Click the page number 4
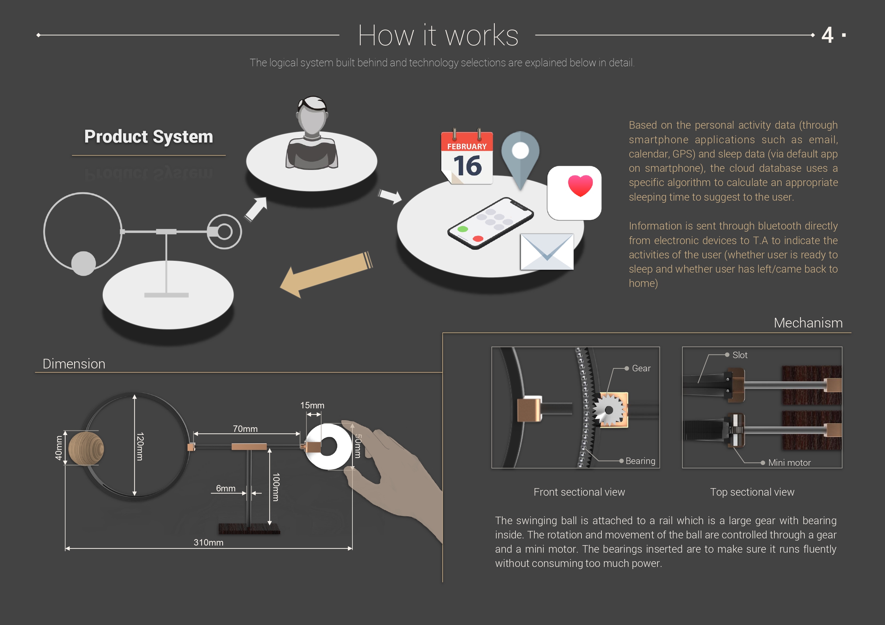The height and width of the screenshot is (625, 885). tap(828, 35)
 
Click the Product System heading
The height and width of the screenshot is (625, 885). tap(148, 137)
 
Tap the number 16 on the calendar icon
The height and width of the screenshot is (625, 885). tap(467, 166)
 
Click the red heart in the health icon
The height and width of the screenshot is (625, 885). tap(580, 185)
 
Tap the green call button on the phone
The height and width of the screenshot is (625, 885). tap(463, 229)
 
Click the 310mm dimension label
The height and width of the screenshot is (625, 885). tap(208, 542)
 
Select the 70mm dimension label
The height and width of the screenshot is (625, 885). tap(245, 429)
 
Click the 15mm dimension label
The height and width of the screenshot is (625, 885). tap(312, 405)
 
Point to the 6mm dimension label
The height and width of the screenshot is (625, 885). tap(225, 488)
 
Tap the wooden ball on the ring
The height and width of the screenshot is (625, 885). tap(86, 448)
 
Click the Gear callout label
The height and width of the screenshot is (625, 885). tap(641, 368)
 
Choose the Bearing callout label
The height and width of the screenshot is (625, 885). tap(640, 461)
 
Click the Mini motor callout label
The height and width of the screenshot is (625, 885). tap(789, 463)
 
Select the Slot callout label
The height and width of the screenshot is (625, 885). tap(740, 355)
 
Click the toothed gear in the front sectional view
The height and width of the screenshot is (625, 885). tap(608, 410)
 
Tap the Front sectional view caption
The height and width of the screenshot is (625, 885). tap(579, 492)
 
